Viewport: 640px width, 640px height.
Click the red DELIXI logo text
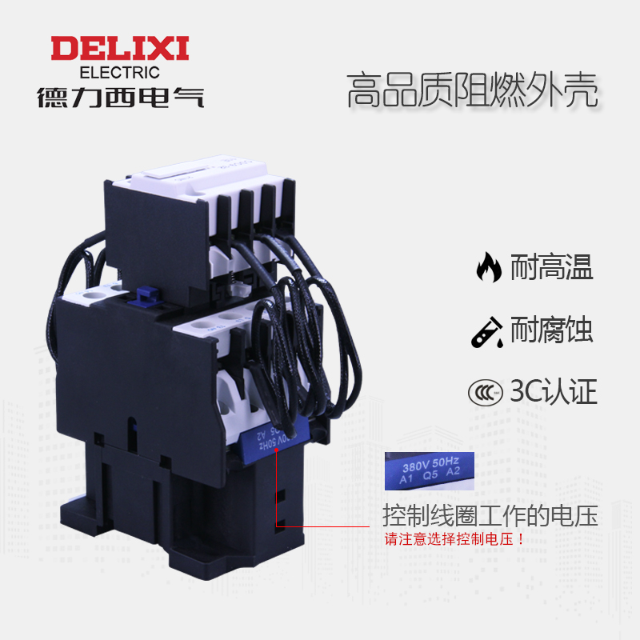(120, 48)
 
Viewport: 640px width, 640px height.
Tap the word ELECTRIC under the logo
(120, 72)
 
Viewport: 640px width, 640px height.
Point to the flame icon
(487, 267)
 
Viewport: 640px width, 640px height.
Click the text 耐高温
(552, 267)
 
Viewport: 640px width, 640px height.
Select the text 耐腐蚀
(552, 330)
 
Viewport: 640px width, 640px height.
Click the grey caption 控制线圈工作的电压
(490, 514)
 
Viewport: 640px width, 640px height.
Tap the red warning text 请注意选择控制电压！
(454, 538)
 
